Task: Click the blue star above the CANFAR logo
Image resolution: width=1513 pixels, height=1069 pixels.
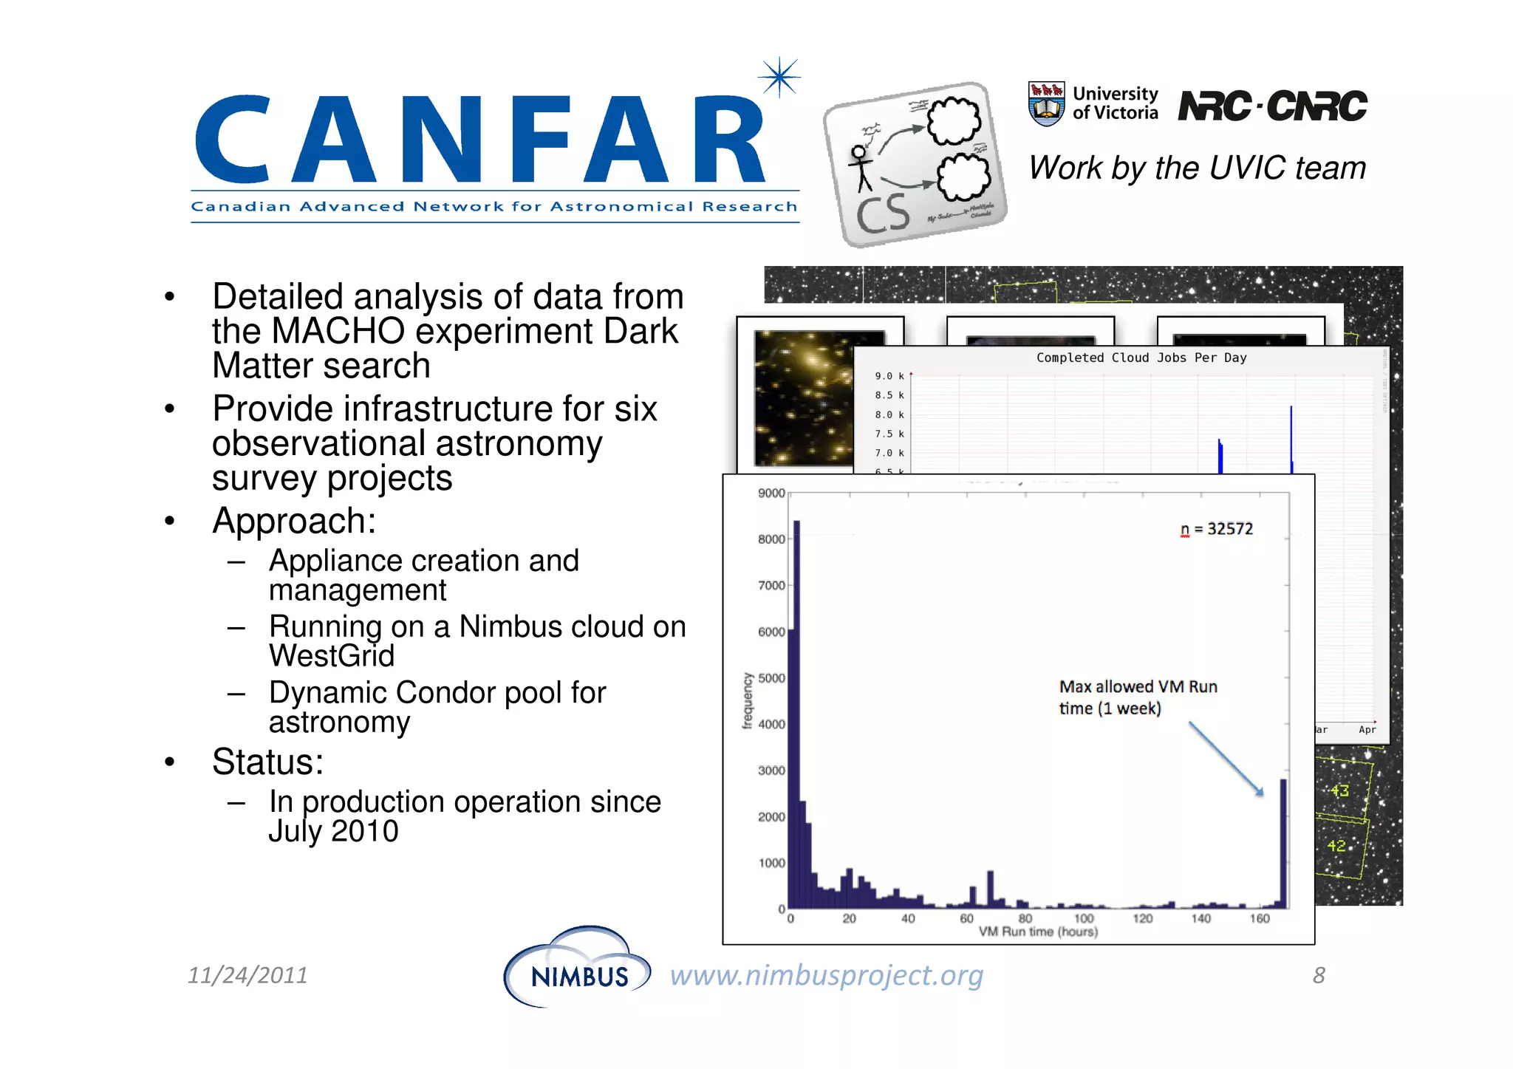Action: pos(779,77)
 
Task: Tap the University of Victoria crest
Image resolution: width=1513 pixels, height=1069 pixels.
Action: pos(1046,103)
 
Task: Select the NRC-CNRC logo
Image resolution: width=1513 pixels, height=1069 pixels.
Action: pos(1272,106)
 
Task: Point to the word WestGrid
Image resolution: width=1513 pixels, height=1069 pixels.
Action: pos(332,656)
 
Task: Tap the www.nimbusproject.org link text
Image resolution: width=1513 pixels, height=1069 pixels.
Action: pos(826,975)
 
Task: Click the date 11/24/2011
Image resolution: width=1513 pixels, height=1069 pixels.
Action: pos(247,975)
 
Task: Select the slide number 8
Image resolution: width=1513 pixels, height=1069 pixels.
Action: pos(1319,975)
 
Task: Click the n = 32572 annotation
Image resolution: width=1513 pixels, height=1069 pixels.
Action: pos(1217,529)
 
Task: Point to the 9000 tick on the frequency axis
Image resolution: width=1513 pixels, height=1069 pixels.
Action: pos(771,493)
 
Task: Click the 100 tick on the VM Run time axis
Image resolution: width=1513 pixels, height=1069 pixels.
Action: pos(1083,918)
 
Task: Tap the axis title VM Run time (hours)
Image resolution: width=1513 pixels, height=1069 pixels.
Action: pos(1038,932)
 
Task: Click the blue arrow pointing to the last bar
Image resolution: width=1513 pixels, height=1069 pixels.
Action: pos(1226,759)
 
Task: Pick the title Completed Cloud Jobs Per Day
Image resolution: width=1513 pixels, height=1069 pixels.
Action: pos(1141,358)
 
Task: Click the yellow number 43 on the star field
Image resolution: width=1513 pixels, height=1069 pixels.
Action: pos(1340,790)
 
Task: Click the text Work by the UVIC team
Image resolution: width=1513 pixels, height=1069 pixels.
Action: pos(1197,168)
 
